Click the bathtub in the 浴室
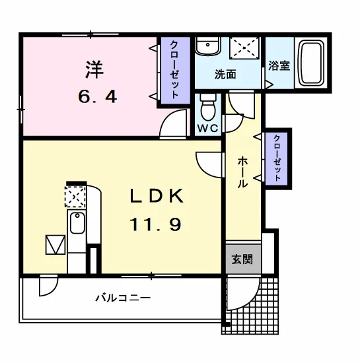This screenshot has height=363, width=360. pyautogui.click(x=310, y=63)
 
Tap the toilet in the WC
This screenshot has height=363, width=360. pyautogui.click(x=208, y=107)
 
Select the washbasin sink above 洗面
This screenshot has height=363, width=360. pyautogui.click(x=207, y=46)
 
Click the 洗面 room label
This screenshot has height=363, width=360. pyautogui.click(x=225, y=75)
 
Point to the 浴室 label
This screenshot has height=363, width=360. pyautogui.click(x=279, y=65)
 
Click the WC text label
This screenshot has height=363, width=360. pyautogui.click(x=208, y=128)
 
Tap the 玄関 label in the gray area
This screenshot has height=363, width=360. pyautogui.click(x=242, y=259)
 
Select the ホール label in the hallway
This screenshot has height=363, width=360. pyautogui.click(x=242, y=172)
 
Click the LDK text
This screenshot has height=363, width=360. pyautogui.click(x=157, y=195)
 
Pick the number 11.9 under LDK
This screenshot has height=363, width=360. pyautogui.click(x=155, y=224)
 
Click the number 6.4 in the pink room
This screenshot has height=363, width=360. pyautogui.click(x=97, y=96)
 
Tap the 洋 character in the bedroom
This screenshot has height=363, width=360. pyautogui.click(x=94, y=69)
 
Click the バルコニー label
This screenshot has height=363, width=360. pyautogui.click(x=123, y=298)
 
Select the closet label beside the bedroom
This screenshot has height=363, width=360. pyautogui.click(x=174, y=70)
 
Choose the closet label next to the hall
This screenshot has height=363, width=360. pyautogui.click(x=277, y=158)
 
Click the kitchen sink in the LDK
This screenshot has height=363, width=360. pyautogui.click(x=77, y=223)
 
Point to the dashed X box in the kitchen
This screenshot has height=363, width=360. pyautogui.click(x=75, y=197)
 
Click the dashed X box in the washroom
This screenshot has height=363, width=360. pyautogui.click(x=244, y=48)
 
